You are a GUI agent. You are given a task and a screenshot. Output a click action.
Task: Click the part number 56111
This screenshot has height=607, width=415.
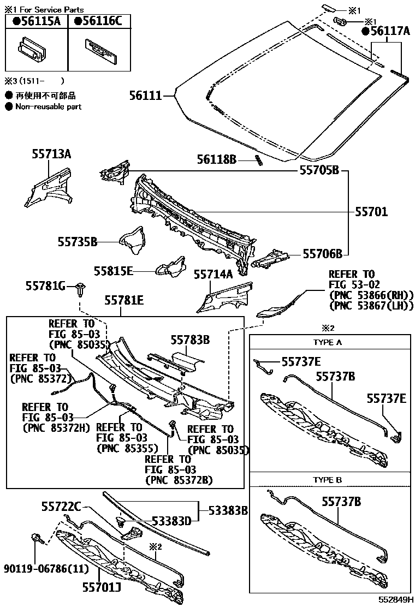[146, 96]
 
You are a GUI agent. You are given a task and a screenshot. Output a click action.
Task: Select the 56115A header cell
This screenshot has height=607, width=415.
[36, 21]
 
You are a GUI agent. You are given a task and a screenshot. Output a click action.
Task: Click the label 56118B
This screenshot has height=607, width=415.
[217, 159]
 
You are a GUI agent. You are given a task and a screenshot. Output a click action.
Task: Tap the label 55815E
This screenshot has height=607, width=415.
[114, 270]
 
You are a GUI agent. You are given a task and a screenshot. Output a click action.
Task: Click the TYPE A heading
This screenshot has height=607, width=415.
[328, 342]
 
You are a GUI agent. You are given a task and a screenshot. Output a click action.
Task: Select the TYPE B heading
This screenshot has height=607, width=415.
[328, 480]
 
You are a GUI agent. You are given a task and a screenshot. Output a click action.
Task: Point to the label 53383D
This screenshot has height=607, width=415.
[171, 521]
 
